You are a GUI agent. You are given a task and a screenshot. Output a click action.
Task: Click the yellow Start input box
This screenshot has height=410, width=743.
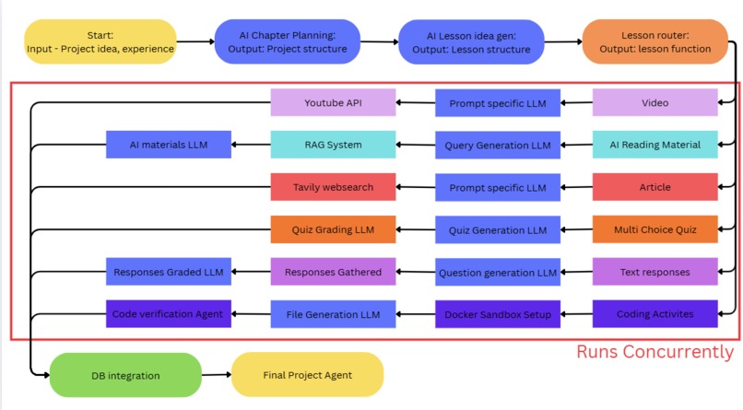(x=100, y=41)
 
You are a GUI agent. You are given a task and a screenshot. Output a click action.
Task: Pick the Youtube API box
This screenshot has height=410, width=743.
(x=333, y=102)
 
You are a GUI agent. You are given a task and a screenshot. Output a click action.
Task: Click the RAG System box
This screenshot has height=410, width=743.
(x=333, y=145)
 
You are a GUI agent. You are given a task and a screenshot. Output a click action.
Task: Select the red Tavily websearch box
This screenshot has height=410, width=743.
(x=333, y=187)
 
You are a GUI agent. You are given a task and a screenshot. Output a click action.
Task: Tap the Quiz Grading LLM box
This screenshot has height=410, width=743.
(x=333, y=229)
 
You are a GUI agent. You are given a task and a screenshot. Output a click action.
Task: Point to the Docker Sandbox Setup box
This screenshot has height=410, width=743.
(x=498, y=314)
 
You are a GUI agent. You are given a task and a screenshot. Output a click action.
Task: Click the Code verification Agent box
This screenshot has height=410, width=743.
(x=169, y=314)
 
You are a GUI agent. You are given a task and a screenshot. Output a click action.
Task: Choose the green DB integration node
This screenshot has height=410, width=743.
(x=125, y=375)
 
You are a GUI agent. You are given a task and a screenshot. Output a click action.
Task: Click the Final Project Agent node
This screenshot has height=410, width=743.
(x=304, y=375)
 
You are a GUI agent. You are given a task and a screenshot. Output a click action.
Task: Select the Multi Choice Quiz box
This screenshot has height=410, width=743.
(x=655, y=229)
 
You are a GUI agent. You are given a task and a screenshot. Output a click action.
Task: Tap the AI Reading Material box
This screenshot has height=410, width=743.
(x=655, y=145)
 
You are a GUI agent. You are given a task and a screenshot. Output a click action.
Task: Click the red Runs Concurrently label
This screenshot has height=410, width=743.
(x=655, y=351)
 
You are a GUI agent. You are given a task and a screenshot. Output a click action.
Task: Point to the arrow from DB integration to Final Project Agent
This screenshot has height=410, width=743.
(x=216, y=375)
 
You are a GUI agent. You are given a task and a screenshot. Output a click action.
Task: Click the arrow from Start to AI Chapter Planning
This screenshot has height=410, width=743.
(x=193, y=41)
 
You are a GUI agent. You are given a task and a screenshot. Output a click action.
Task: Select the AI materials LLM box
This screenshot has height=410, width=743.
(x=169, y=145)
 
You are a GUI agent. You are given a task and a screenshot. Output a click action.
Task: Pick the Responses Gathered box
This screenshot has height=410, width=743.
(x=333, y=272)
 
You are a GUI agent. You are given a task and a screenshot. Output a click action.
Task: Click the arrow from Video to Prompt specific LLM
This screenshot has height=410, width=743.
(x=576, y=103)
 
